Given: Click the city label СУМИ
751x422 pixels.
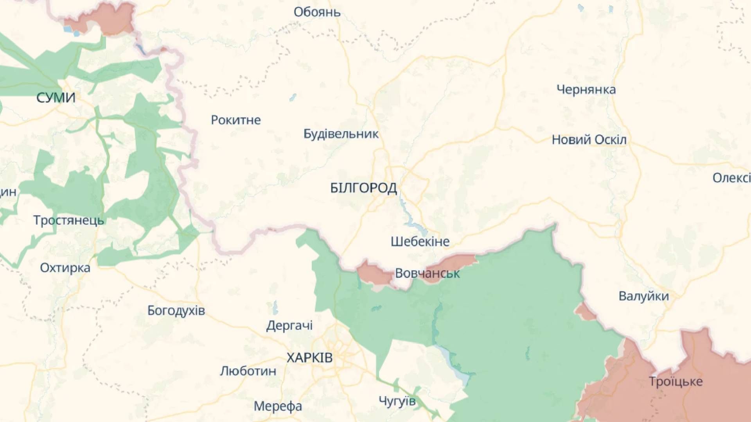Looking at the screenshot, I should [x=56, y=98].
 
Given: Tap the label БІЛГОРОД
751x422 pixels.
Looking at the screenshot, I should [x=363, y=188].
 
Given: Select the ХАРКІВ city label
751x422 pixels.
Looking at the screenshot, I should [x=309, y=358].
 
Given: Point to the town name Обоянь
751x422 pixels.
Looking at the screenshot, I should [x=317, y=12].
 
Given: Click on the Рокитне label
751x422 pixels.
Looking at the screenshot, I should [x=235, y=120].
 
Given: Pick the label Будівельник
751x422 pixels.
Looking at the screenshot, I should [x=341, y=134].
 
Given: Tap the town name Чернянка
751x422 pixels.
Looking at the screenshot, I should [x=586, y=90].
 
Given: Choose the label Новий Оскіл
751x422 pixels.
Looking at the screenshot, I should [x=589, y=140].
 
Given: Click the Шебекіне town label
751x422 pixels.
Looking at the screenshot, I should [x=420, y=241].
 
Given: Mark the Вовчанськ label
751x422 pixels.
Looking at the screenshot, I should [x=427, y=274].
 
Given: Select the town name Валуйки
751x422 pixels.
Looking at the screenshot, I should [x=643, y=296].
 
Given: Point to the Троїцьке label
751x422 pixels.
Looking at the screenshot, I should [x=676, y=381].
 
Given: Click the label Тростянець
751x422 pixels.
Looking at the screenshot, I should [x=68, y=220].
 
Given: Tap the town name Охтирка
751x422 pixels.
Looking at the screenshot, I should [x=65, y=268].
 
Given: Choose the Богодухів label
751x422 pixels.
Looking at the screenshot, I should [x=176, y=311].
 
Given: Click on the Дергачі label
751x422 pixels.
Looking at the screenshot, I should [x=289, y=325].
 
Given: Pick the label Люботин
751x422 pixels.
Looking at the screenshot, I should [x=248, y=371].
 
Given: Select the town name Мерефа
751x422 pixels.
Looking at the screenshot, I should [x=278, y=406].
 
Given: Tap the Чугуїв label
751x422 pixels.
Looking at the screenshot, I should [x=397, y=401].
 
